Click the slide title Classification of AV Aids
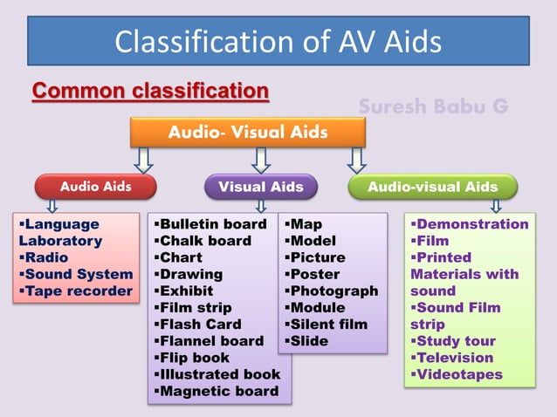coord(278,41)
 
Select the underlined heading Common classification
coord(150,91)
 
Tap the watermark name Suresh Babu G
coord(433,106)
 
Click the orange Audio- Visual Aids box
coord(248,133)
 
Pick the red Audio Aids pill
coord(96,187)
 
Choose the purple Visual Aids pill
coord(260,187)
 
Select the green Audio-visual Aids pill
coord(432,187)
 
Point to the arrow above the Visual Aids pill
coord(260,160)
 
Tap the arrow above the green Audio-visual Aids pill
coord(356,160)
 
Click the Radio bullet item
coord(43,257)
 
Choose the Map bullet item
coord(306,224)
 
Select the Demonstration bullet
coord(471,224)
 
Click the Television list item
coord(454,357)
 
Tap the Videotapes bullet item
coord(458,373)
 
